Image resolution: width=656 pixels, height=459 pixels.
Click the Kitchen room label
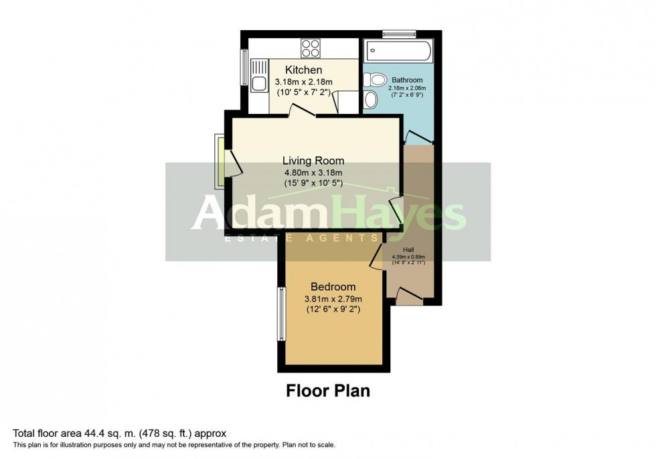pos(304,70)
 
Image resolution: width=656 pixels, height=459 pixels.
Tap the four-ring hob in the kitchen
pos(310,48)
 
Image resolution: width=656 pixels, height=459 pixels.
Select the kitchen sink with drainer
pos(259,74)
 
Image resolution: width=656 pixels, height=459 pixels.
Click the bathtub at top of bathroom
pos(398,53)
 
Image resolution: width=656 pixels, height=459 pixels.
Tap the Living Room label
pos(313,161)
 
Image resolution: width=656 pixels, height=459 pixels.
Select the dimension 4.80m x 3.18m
pos(313,172)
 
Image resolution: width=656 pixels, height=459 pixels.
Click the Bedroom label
pos(333,287)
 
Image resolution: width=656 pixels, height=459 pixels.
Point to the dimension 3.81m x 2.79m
pos(333,299)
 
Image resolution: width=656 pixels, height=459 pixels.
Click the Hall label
pos(408,249)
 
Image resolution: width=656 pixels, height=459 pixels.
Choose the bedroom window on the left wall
pos(282,314)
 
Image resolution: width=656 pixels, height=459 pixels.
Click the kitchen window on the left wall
pos(244,65)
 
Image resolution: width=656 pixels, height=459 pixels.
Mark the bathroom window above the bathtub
pos(399,33)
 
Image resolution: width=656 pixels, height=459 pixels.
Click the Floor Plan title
pos(328,390)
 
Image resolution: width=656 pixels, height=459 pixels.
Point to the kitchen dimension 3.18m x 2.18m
pos(304,82)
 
